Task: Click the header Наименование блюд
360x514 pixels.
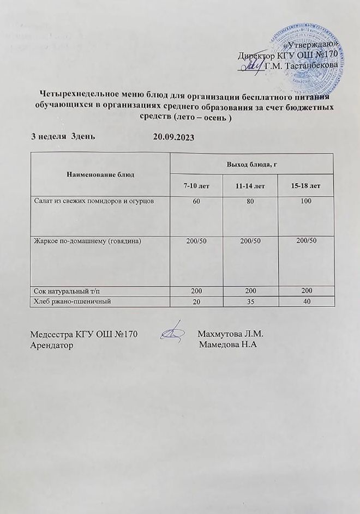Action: click(x=100, y=174)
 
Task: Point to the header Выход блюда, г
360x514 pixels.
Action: click(x=251, y=164)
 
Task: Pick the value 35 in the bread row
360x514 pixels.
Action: click(x=251, y=303)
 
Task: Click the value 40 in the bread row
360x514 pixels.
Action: click(x=305, y=303)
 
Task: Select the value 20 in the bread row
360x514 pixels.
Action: click(x=196, y=303)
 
